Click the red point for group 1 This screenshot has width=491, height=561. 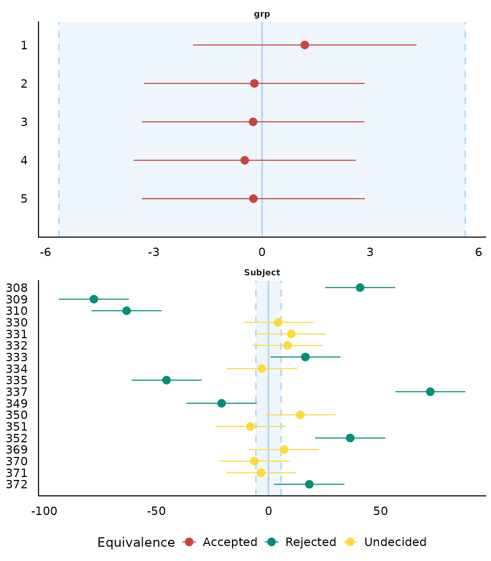point(305,45)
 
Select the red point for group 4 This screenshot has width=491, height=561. point(245,160)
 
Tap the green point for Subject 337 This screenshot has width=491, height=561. point(430,392)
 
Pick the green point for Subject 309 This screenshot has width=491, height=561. point(94,299)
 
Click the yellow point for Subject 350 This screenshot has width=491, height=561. point(300,415)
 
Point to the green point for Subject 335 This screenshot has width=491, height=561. point(167,380)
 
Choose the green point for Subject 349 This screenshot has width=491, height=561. point(221,403)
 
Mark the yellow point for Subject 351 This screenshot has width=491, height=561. point(250,427)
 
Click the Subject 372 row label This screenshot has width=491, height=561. point(17,485)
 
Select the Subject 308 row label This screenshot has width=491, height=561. point(17,288)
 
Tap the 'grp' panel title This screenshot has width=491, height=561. point(262,15)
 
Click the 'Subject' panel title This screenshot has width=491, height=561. point(262,273)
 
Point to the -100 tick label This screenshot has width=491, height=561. point(44,511)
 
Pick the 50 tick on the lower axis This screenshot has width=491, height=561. point(381,511)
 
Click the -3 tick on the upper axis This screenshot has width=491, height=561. point(153,252)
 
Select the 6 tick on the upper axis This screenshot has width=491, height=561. point(479,252)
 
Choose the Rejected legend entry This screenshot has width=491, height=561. point(311,542)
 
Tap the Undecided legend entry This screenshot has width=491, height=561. point(395,542)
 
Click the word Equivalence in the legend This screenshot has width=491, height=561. point(136,543)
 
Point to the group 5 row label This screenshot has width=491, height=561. point(24,199)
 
